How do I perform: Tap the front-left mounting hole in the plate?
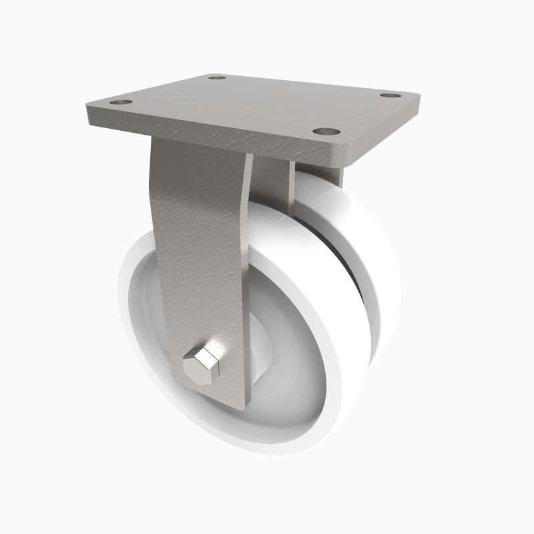[121, 103]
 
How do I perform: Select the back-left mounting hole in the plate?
[216, 77]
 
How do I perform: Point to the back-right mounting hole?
[390, 95]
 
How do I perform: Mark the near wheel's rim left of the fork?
[137, 300]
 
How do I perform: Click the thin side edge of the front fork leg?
[247, 280]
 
